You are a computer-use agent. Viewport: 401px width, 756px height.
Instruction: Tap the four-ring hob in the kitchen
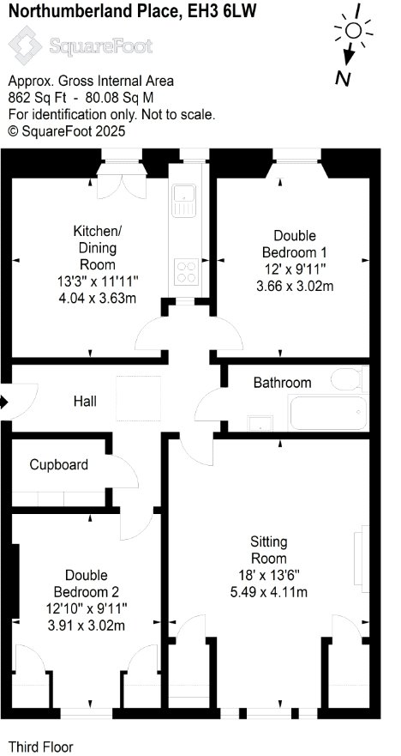[x=187, y=271]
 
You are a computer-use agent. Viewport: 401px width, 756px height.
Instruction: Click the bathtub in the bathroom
[x=328, y=413]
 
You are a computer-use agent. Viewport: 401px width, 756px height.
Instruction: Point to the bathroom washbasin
[x=260, y=423]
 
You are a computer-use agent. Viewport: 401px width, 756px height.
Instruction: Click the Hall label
[x=85, y=401]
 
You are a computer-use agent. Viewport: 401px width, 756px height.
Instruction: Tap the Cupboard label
[x=59, y=465]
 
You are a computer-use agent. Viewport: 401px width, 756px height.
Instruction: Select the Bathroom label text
[x=282, y=383]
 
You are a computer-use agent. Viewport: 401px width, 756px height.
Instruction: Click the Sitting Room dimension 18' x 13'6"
[x=269, y=575]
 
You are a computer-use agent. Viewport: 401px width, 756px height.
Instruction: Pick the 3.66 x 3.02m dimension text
[x=295, y=286]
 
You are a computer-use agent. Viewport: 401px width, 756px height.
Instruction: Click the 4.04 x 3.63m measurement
[x=97, y=298]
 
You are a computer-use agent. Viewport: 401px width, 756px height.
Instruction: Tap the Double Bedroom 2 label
[x=87, y=584]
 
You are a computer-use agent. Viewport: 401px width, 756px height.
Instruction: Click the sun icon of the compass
[x=353, y=31]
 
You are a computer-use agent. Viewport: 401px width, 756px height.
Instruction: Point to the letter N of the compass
[x=342, y=78]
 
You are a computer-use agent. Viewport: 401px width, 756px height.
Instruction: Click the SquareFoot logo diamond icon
[x=26, y=45]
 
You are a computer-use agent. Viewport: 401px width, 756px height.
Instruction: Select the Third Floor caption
[x=41, y=747]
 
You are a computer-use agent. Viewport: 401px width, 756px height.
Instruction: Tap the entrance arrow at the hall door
[x=4, y=401]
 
